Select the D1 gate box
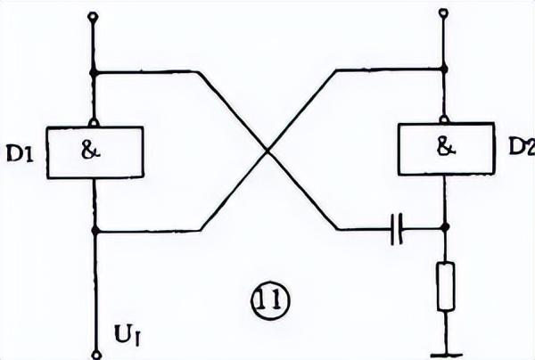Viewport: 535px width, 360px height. pos(95,151)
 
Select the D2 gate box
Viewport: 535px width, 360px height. pos(444,148)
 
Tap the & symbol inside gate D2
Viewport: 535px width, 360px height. pos(444,148)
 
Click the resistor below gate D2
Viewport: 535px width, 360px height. pos(445,286)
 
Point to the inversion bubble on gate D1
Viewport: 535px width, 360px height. pos(95,122)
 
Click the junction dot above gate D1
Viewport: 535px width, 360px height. pos(95,71)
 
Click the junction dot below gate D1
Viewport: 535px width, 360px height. pos(95,231)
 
